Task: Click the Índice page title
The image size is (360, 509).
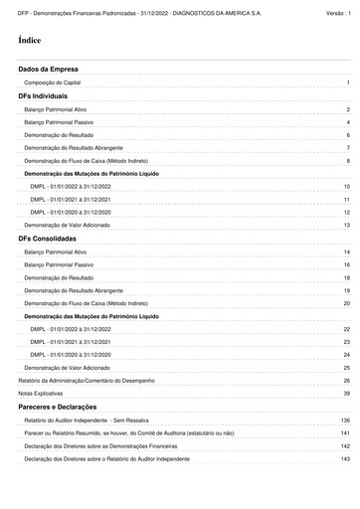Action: (30, 41)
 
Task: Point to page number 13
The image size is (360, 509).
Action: (346, 226)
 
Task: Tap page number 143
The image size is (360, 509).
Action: (345, 460)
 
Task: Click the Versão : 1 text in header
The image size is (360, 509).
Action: (338, 13)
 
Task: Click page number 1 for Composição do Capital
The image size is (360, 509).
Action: (348, 84)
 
